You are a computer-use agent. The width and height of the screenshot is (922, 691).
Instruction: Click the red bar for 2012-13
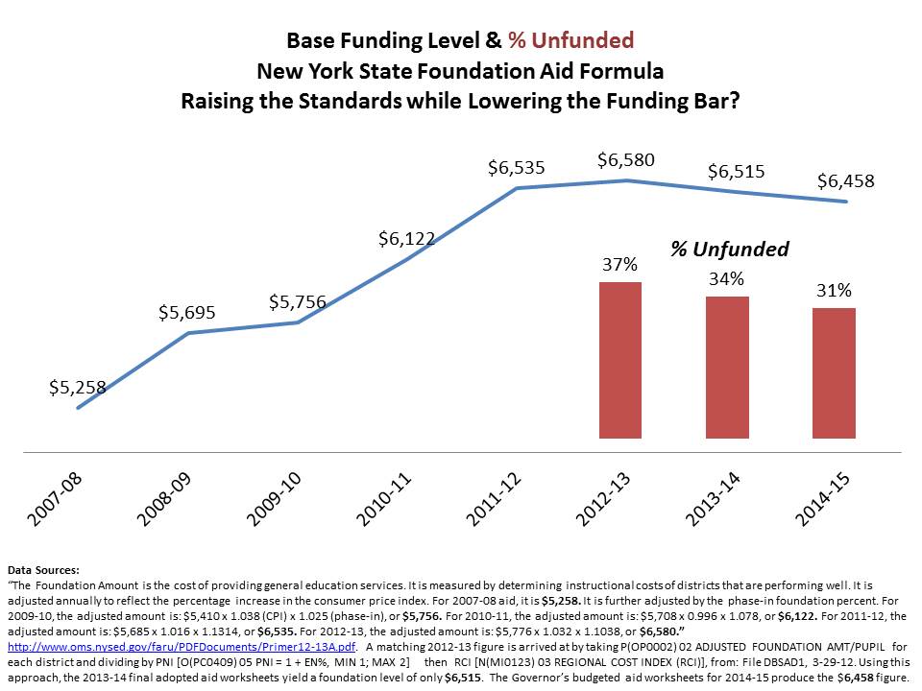620,360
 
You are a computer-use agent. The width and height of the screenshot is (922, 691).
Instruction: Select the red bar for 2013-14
727,368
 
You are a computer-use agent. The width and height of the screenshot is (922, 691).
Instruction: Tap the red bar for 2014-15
834,373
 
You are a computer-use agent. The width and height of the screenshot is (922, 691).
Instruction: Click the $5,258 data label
77,388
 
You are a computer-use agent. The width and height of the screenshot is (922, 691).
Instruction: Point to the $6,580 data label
625,159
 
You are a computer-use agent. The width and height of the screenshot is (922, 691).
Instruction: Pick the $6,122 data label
406,238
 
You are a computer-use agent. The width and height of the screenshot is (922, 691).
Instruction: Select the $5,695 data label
186,312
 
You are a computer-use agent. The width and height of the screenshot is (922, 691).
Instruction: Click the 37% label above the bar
619,265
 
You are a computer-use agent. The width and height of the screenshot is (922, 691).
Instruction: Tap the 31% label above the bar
834,291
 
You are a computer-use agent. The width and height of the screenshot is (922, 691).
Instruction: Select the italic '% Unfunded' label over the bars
729,250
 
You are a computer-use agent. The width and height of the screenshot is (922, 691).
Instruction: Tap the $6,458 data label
845,180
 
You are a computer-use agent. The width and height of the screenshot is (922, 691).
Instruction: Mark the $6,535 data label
516,168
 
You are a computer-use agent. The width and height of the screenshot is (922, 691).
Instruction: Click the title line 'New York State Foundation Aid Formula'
460,71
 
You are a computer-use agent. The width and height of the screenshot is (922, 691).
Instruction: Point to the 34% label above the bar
727,279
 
